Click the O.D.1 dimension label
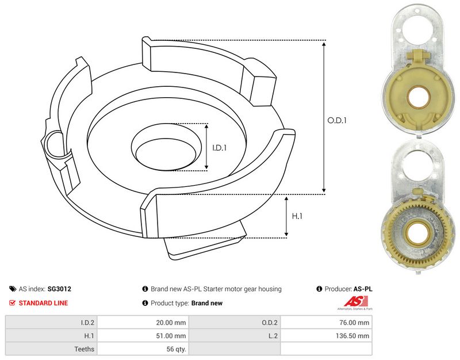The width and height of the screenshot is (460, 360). [x=337, y=121]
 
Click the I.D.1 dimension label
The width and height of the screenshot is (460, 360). [x=220, y=148]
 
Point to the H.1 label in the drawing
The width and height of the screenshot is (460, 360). [x=297, y=217]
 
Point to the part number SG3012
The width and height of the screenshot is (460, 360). [x=60, y=289]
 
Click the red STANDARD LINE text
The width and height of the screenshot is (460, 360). [x=43, y=303]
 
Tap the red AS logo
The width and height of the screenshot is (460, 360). [x=352, y=301]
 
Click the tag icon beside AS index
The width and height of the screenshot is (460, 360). [x=13, y=289]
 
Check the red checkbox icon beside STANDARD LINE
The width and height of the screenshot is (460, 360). [x=13, y=303]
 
